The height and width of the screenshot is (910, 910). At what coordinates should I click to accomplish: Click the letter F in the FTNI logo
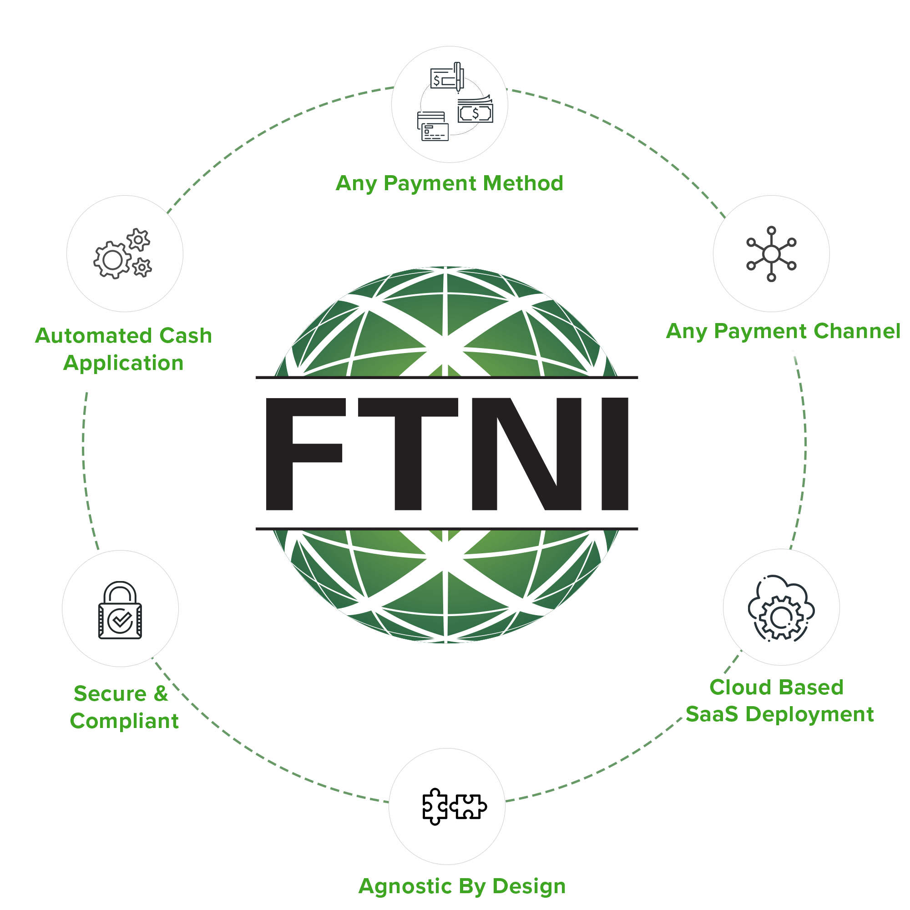(302, 453)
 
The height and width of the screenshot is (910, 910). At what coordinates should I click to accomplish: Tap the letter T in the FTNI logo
(408, 453)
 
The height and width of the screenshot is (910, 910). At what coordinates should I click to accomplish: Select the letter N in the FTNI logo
(526, 453)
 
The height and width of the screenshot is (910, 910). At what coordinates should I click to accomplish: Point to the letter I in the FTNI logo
(615, 453)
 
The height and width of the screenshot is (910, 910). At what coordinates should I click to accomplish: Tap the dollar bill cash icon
(475, 111)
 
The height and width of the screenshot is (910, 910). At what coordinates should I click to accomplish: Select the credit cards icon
(432, 126)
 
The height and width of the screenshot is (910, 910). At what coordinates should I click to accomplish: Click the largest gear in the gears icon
(112, 259)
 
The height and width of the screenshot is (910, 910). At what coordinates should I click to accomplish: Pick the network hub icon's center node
(771, 254)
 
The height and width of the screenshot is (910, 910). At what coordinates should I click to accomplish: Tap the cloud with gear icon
(781, 607)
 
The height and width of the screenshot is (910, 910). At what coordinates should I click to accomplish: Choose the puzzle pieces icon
(454, 807)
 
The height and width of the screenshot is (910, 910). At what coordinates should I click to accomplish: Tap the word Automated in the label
(93, 336)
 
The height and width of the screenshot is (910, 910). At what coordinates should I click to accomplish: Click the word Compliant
(124, 721)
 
